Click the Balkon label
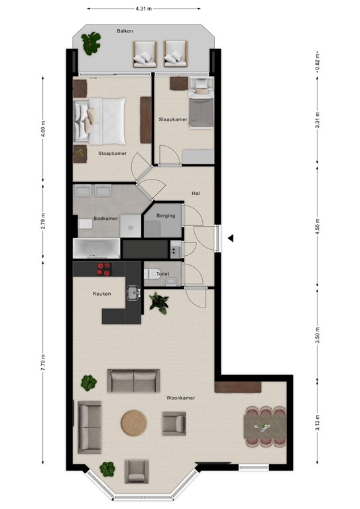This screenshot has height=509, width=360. coord(125,31)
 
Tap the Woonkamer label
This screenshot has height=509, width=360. coord(180,398)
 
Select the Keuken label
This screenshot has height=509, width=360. coord(101,294)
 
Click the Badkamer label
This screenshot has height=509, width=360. coord(105,217)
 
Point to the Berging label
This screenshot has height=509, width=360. coord(165,216)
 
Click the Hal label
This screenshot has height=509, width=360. coord(196,193)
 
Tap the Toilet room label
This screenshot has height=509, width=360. coord(162,273)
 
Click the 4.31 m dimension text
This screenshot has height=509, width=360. coord(143,9)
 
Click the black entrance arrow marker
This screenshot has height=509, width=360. coord(230,238)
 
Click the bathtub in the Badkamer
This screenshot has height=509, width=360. coord(97,249)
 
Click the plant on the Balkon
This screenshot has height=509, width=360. coord(91,43)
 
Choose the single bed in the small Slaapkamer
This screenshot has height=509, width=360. coord(200,106)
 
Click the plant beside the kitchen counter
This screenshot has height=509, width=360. coord(158,303)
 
